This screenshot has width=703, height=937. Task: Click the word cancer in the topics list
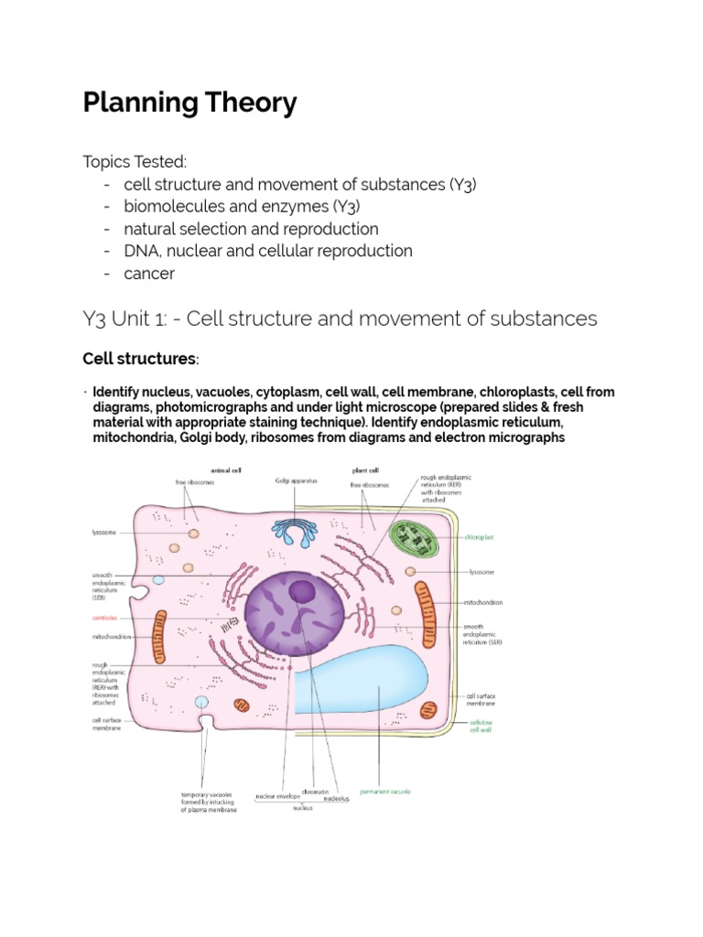click(149, 273)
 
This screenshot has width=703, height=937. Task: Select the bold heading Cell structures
click(139, 358)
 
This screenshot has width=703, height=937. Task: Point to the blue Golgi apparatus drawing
click(295, 533)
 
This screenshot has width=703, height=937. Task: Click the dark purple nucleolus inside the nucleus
click(302, 593)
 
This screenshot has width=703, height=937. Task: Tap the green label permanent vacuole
click(385, 791)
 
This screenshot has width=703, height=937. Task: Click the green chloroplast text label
click(479, 539)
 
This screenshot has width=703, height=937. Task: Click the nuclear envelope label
click(278, 796)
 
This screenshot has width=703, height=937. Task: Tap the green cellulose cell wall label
click(481, 727)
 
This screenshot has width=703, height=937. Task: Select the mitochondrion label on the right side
click(484, 602)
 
